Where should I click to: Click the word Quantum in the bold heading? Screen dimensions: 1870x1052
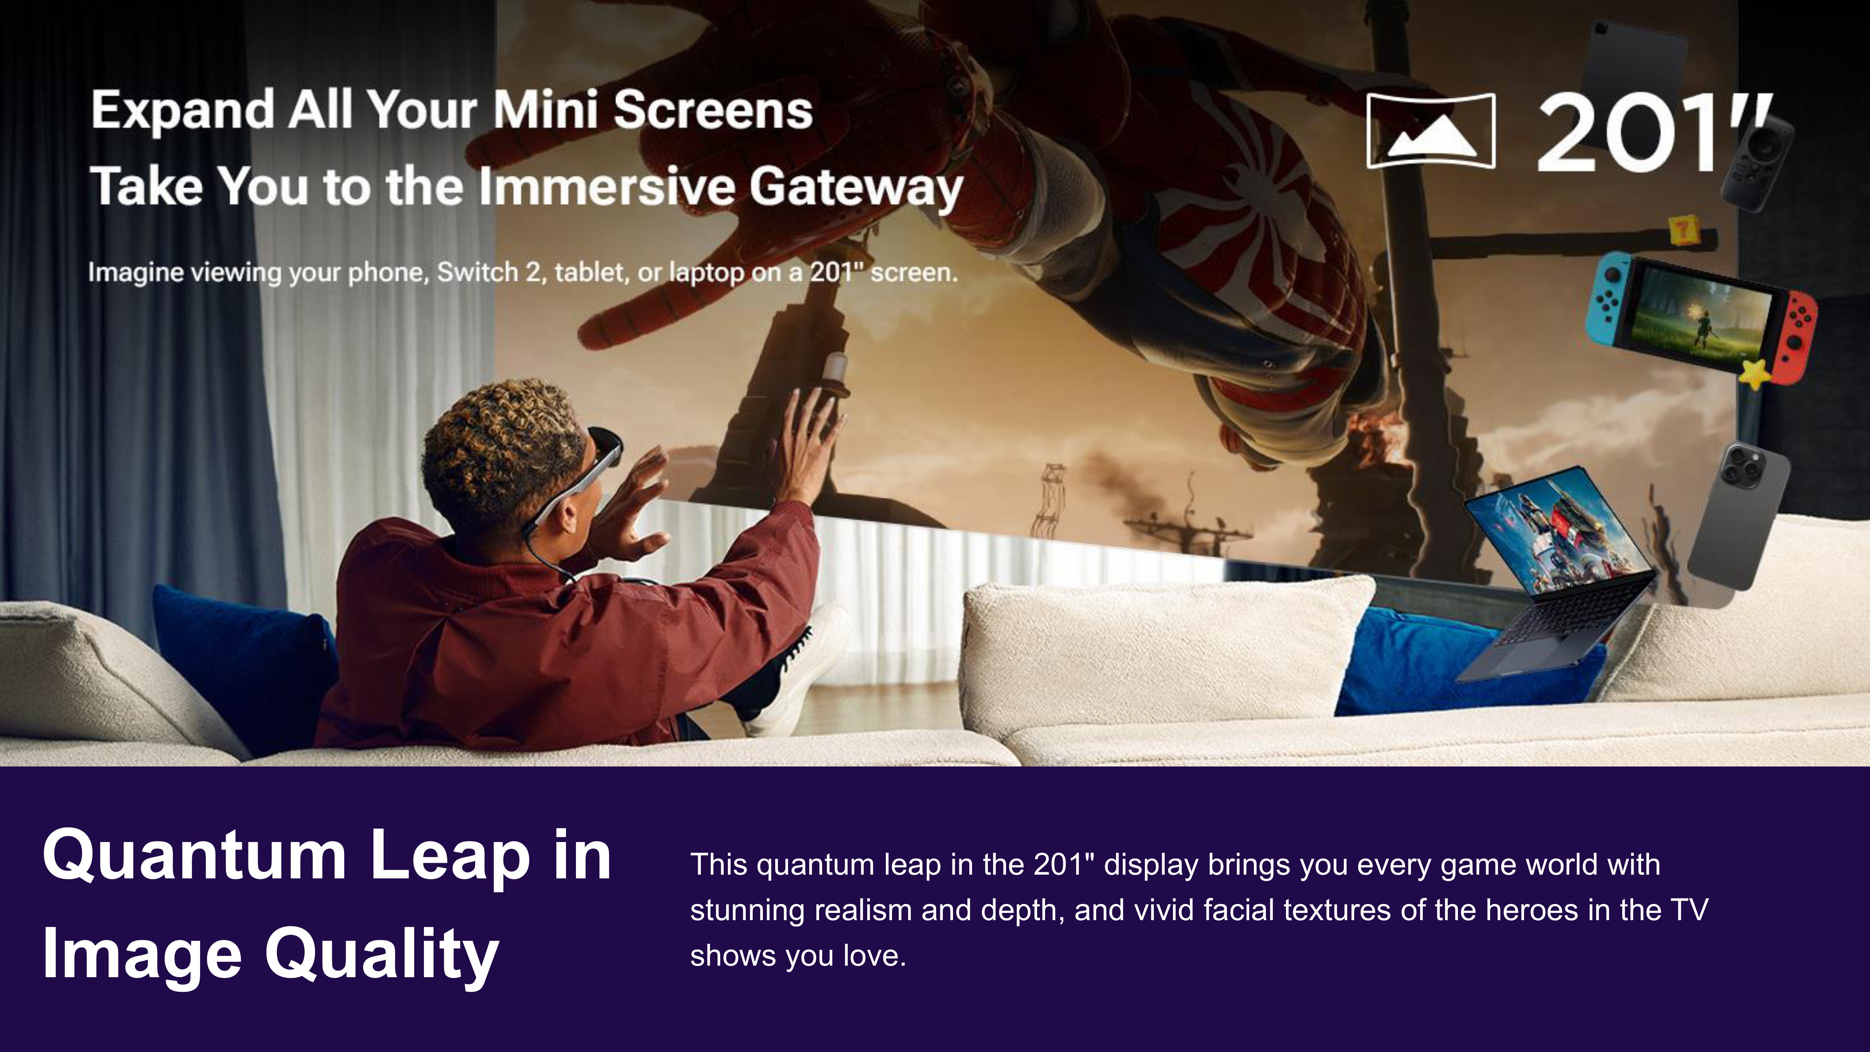click(194, 857)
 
